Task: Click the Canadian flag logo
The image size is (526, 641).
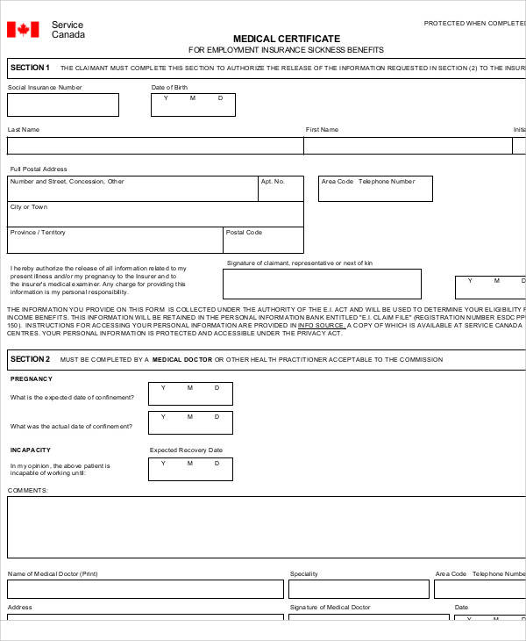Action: pyautogui.click(x=23, y=30)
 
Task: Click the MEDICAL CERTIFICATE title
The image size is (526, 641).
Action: pyautogui.click(x=286, y=39)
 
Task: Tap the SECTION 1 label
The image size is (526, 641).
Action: pyautogui.click(x=31, y=68)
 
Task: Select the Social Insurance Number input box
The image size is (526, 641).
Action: pyautogui.click(x=63, y=105)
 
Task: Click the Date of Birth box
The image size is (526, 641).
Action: pyautogui.click(x=193, y=105)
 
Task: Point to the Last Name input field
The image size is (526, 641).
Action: pyautogui.click(x=155, y=146)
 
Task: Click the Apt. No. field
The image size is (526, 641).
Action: pyautogui.click(x=281, y=189)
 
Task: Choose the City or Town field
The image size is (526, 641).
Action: pyautogui.click(x=155, y=214)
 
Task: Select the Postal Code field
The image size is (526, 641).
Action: pyautogui.click(x=263, y=241)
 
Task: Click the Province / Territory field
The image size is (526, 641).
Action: pyautogui.click(x=115, y=241)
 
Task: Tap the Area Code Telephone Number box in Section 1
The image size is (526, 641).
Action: pyautogui.click(x=374, y=189)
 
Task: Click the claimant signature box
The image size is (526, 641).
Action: pyautogui.click(x=322, y=284)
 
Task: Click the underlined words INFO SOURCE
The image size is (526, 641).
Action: pyautogui.click(x=322, y=326)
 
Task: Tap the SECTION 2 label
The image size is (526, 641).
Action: pyautogui.click(x=31, y=359)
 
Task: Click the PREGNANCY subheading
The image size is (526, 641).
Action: pyautogui.click(x=32, y=379)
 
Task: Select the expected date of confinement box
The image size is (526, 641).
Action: pyautogui.click(x=190, y=393)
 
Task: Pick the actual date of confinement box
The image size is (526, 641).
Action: pyautogui.click(x=190, y=422)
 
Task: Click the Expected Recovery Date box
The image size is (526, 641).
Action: pyautogui.click(x=190, y=469)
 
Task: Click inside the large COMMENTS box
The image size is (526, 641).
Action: pyautogui.click(x=263, y=528)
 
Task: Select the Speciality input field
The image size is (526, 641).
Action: pyautogui.click(x=359, y=589)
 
